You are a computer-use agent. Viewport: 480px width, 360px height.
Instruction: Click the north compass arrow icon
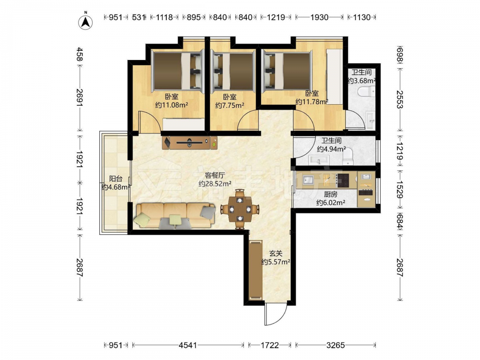[86, 22]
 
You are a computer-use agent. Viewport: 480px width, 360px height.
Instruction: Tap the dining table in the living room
[240, 209]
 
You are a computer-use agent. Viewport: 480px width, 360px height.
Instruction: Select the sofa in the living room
[175, 216]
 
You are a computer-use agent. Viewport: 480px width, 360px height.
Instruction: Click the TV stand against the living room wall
[190, 143]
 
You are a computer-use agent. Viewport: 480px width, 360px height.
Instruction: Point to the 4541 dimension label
[188, 345]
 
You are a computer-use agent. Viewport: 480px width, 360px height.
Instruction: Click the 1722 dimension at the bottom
[270, 345]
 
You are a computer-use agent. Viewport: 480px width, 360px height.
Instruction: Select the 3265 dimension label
[336, 345]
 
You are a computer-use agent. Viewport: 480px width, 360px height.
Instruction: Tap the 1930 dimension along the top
[319, 17]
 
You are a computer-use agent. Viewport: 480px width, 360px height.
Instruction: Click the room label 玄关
[276, 253]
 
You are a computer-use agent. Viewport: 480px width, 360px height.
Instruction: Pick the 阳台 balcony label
[116, 179]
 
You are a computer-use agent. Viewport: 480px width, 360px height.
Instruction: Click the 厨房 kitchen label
[331, 194]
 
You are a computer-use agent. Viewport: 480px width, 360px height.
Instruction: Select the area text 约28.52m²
[215, 184]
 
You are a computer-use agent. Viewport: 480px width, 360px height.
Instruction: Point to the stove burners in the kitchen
[343, 180]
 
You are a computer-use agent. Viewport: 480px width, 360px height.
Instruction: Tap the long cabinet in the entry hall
[256, 271]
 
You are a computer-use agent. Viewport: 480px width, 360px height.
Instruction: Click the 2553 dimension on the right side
[400, 99]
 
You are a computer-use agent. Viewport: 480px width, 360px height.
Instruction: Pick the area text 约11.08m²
[172, 105]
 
